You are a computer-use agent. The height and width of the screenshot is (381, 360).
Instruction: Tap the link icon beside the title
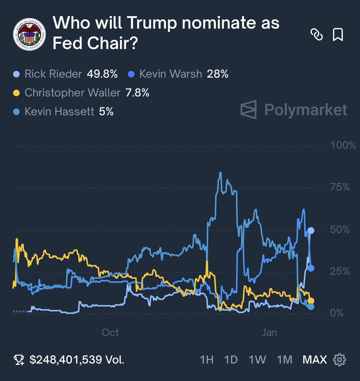coord(316,34)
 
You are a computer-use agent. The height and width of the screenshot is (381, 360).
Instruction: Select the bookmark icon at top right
coord(338,34)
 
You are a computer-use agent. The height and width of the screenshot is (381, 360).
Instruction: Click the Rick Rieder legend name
coord(53,74)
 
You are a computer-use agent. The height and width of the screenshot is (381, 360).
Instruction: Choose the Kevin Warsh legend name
coord(171,74)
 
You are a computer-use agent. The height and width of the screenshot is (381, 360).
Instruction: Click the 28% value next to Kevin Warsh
coord(218,74)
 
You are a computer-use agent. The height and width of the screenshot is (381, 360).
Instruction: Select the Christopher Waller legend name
coord(72,93)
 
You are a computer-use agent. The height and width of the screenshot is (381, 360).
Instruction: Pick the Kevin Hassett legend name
coord(59,111)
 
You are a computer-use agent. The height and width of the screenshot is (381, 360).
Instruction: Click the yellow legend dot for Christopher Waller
coord(17,93)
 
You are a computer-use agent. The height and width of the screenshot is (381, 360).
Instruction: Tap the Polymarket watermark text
coord(305,110)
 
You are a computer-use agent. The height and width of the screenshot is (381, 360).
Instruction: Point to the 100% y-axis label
coord(343,145)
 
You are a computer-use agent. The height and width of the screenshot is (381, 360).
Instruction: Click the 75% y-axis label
coord(340,187)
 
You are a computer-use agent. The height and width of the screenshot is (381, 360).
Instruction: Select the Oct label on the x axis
coord(110,332)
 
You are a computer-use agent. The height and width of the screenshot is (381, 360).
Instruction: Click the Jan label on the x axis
coord(269,332)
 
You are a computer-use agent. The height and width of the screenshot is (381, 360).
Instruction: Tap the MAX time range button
coord(315,360)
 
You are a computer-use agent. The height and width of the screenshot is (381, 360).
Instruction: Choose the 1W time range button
coord(257,360)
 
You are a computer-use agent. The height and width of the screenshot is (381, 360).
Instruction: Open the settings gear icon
coord(339,360)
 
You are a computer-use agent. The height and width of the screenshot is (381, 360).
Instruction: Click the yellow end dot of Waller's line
coord(311,301)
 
